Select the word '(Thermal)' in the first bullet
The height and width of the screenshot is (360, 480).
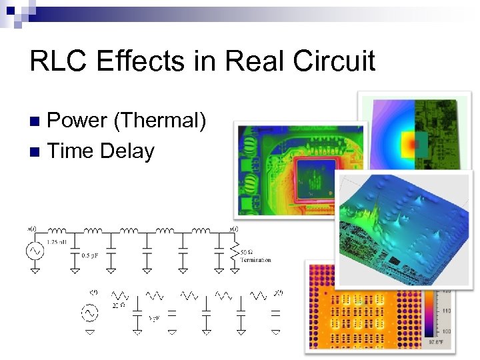coord(160,120)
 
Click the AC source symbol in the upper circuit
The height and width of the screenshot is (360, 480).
coord(34,251)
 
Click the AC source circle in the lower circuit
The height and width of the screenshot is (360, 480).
coord(88,312)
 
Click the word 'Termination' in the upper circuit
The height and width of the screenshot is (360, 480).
coord(255,260)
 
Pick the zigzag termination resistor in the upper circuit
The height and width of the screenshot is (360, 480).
coord(234,252)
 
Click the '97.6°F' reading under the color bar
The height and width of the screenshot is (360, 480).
coord(434,342)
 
